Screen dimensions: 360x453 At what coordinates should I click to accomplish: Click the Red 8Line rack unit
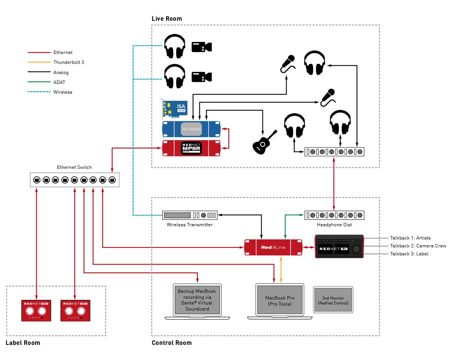pos(273,247)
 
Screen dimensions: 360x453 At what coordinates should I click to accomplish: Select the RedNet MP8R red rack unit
pos(191,148)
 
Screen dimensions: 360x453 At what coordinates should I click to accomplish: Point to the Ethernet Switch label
pos(74,167)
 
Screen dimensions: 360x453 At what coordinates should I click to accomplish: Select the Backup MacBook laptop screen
pos(197,300)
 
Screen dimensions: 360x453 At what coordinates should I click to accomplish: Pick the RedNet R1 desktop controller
pos(339,247)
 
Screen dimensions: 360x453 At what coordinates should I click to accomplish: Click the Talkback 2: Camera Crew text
pos(418,246)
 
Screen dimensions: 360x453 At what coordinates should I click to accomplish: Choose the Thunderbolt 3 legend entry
pos(69,62)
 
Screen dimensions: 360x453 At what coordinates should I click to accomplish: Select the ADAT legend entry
pos(61,82)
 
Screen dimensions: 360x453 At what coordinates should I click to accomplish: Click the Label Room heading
pos(23,343)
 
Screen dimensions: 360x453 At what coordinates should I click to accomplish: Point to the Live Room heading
pos(166,19)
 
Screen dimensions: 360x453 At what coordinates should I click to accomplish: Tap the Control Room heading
pos(171,343)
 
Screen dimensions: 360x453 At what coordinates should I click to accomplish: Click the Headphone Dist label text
pos(334,225)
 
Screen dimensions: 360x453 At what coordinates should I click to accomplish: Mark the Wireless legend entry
pos(63,92)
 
